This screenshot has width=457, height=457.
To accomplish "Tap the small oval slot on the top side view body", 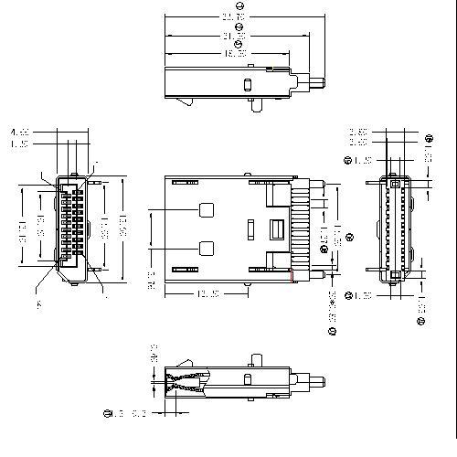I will tap(247, 84).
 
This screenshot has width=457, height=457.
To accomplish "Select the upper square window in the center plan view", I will tap(207, 207).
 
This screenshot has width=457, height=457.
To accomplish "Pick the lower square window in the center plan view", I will tap(207, 247).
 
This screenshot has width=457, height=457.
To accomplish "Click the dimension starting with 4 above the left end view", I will tap(19, 133).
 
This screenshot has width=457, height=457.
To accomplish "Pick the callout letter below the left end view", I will tap(38, 304).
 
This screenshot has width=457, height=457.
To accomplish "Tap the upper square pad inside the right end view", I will tap(395, 184).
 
